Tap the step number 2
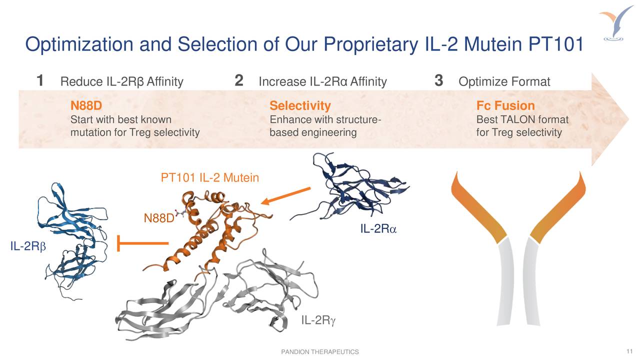tap(239, 80)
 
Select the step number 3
tap(439, 80)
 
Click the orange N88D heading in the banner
tap(86, 106)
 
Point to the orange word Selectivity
tap(300, 106)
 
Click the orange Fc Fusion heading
tap(505, 106)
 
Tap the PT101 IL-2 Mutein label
tap(209, 177)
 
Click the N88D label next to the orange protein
tap(158, 218)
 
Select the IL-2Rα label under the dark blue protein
tap(377, 229)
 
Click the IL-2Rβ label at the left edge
tap(27, 246)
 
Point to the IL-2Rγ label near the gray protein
tap(318, 320)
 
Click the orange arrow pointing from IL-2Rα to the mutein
tap(286, 195)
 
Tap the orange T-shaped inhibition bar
tap(142, 243)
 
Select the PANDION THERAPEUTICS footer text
tap(320, 352)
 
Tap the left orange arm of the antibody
tap(477, 210)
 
